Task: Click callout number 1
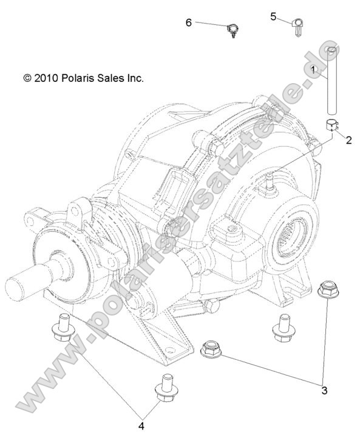[313, 70]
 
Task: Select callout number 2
[349, 140]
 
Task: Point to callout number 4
[141, 426]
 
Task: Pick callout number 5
[274, 16]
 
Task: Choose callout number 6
[189, 22]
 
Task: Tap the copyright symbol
[27, 78]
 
